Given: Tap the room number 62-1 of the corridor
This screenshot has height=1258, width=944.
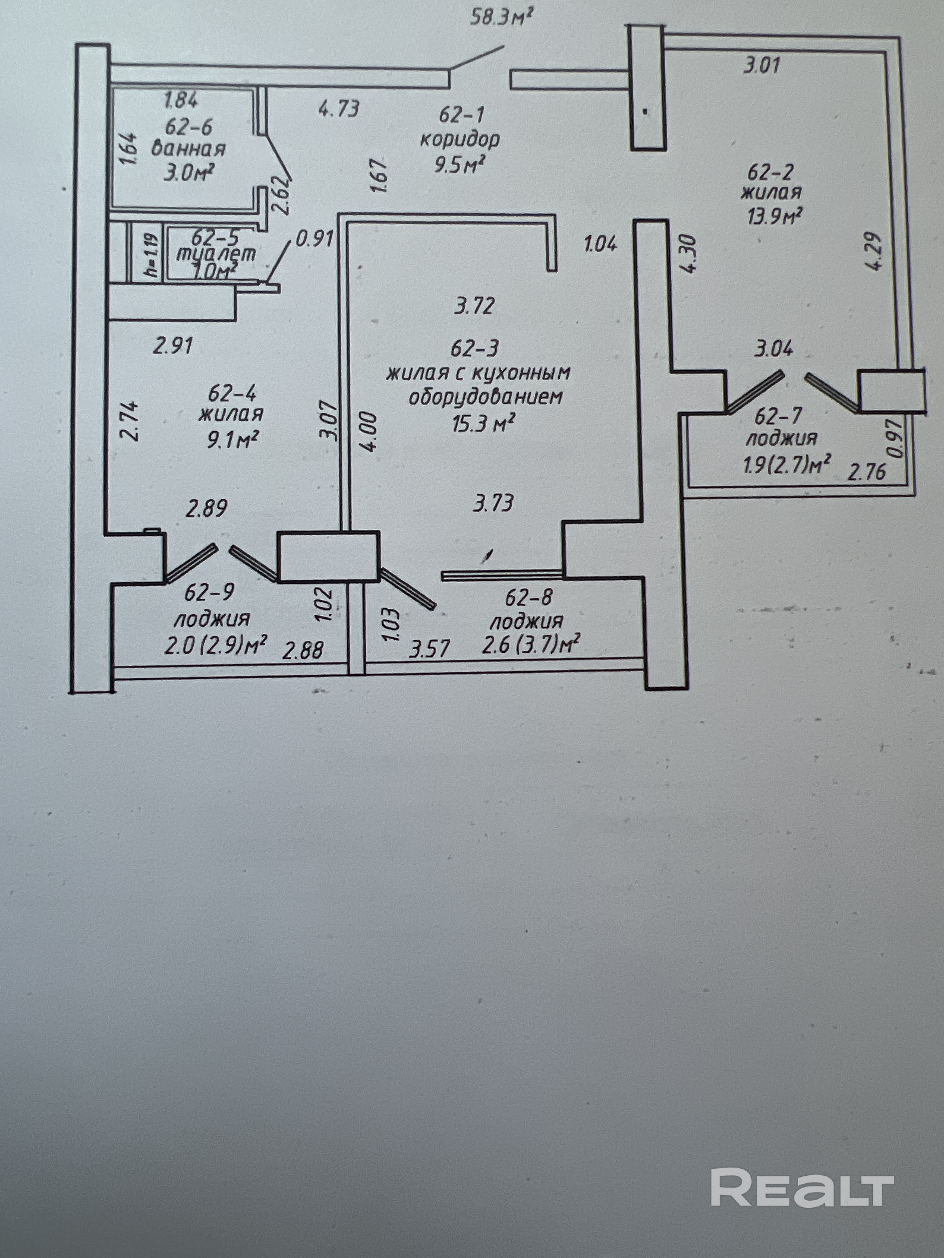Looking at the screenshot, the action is click(461, 115).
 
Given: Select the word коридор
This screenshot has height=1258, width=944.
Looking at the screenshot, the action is click(460, 139).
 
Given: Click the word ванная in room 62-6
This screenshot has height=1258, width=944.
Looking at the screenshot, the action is click(188, 149).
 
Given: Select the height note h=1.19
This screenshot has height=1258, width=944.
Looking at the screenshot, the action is click(151, 256).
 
